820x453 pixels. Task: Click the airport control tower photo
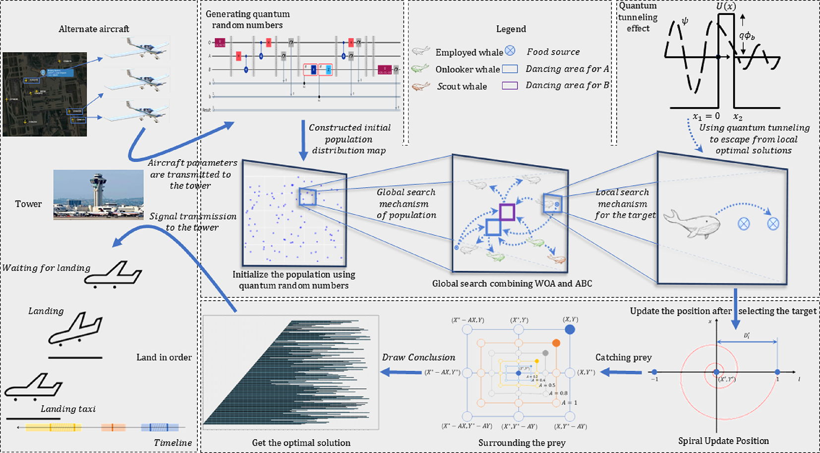point(98,194)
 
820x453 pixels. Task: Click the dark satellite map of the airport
point(45,94)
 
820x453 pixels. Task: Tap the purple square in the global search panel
point(507,212)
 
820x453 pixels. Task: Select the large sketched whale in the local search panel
point(692,224)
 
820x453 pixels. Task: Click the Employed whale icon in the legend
point(421,51)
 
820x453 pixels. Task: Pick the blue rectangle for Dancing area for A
point(510,69)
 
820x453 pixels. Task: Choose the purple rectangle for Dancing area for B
point(510,85)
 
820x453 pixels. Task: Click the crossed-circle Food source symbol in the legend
point(510,51)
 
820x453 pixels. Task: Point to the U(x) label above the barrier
point(726,6)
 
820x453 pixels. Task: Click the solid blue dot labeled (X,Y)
point(570,329)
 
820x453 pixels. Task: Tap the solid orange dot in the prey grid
point(556,343)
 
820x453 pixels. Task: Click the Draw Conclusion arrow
point(401,372)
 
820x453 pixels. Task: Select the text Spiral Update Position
point(723,441)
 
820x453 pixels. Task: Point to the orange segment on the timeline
point(113,427)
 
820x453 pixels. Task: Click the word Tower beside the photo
point(28,204)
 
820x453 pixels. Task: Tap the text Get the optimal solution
point(301,443)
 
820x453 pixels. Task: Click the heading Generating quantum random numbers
point(247,19)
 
